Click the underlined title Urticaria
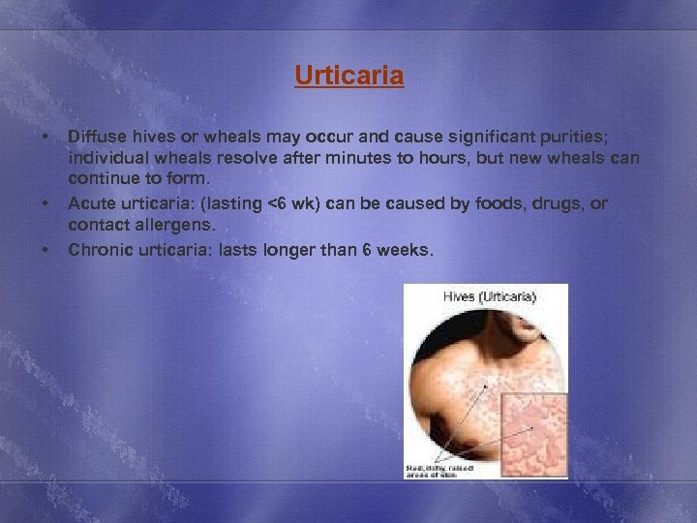348,76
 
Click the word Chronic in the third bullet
98,250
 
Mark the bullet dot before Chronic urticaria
45,250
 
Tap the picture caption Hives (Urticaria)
490,295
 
